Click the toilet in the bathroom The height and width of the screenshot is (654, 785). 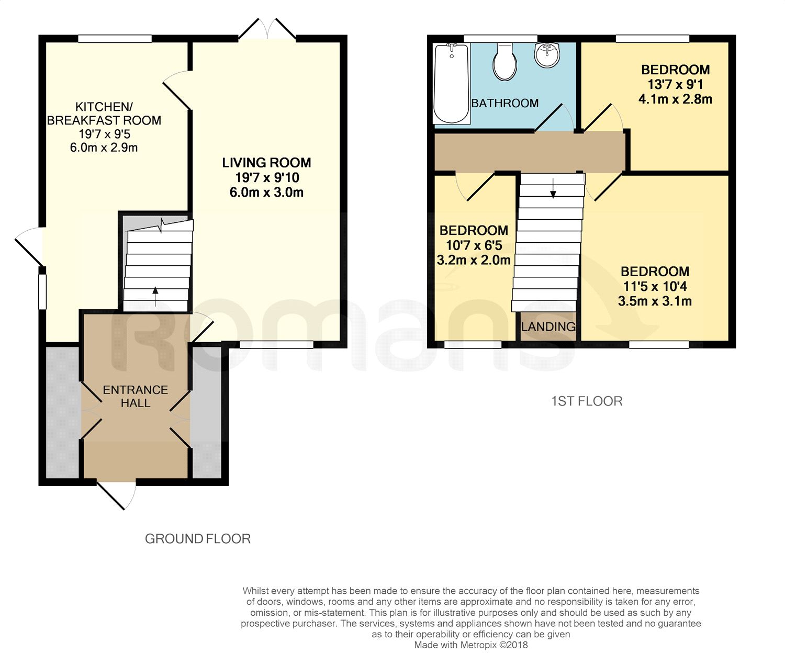pyautogui.click(x=505, y=62)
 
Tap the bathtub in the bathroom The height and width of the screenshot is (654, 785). pyautogui.click(x=451, y=84)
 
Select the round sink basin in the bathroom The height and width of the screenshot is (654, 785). pyautogui.click(x=547, y=54)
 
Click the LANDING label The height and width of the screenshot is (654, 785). pyautogui.click(x=548, y=327)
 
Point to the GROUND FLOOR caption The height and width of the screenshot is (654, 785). pyautogui.click(x=198, y=539)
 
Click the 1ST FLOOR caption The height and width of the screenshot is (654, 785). pyautogui.click(x=587, y=401)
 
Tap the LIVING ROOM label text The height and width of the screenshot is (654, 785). pyautogui.click(x=266, y=163)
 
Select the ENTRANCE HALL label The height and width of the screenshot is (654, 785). pyautogui.click(x=136, y=397)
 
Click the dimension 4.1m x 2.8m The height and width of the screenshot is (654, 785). pyautogui.click(x=675, y=99)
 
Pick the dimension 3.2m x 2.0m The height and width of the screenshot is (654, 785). pyautogui.click(x=474, y=260)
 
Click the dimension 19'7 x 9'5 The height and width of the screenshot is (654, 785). pyautogui.click(x=104, y=134)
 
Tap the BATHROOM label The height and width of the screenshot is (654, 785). pyautogui.click(x=505, y=103)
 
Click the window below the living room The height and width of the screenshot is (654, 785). pyautogui.click(x=276, y=344)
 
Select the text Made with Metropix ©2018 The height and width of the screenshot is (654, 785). pyautogui.click(x=471, y=645)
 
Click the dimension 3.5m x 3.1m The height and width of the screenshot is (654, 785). pyautogui.click(x=655, y=301)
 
